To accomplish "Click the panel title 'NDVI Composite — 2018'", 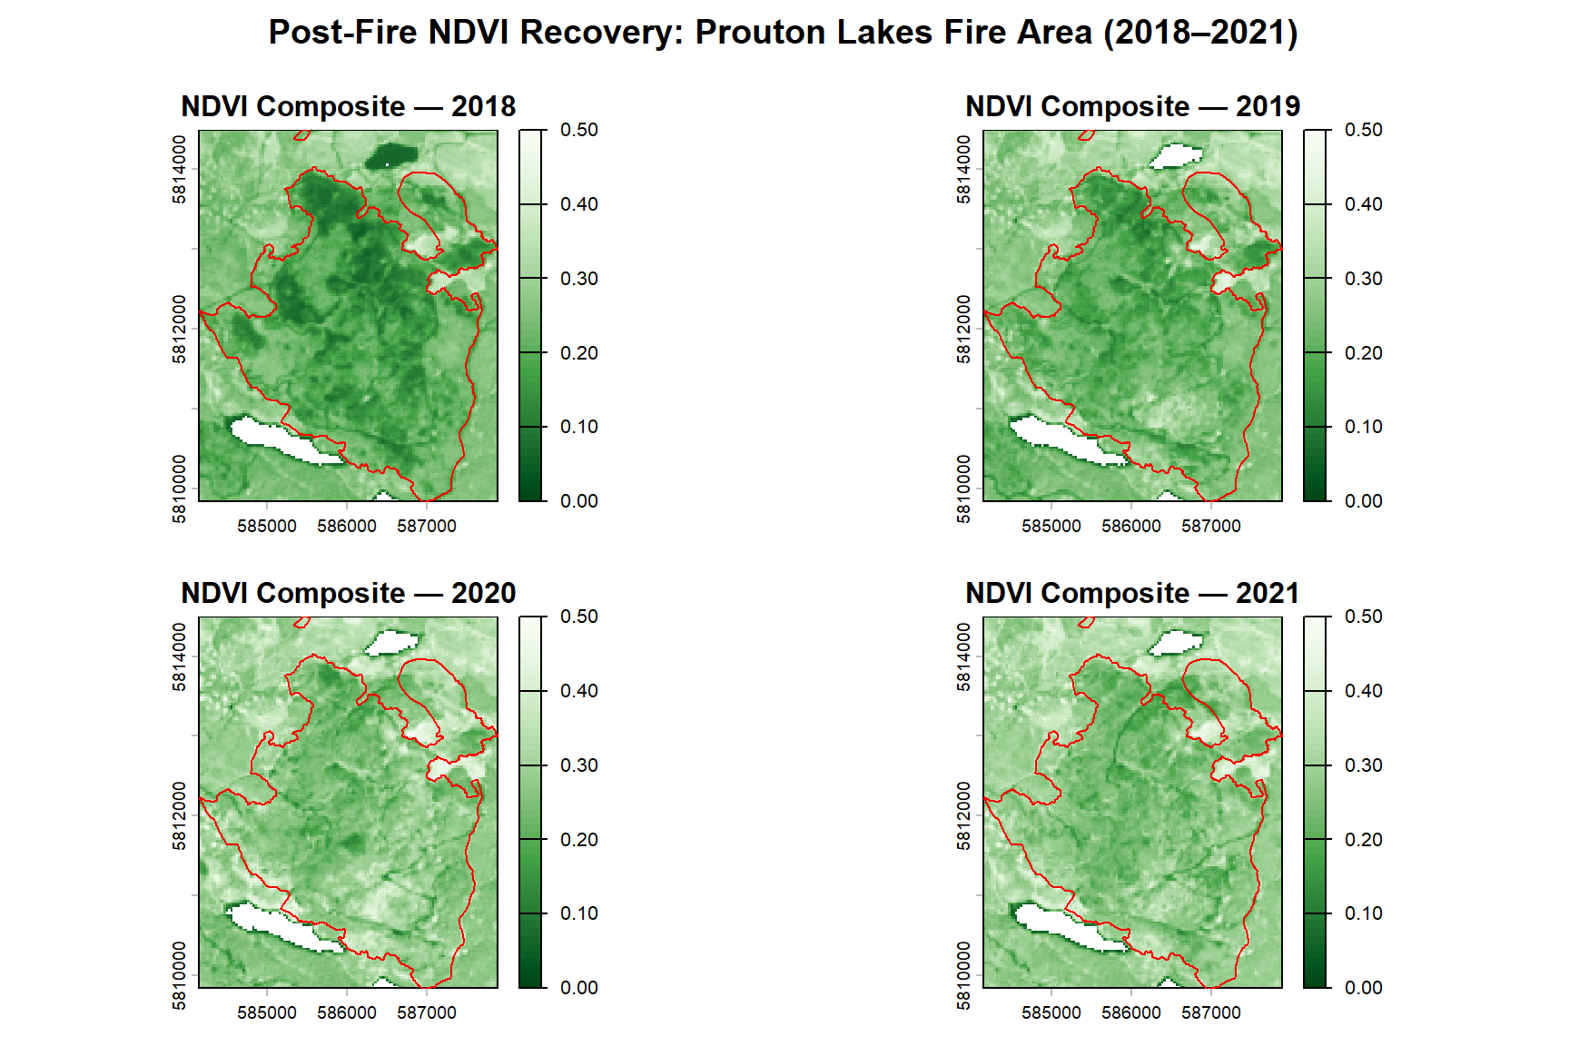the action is pos(349,106).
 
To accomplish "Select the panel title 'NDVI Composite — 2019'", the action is pos(1133,106).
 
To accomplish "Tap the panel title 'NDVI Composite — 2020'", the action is pos(349,593).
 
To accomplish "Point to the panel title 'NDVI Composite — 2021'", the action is pos(1133,593).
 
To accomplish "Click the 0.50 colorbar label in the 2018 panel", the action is pos(579,130).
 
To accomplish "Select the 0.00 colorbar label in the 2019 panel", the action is pos(1364,501).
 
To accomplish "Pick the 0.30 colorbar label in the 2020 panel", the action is pos(579,765).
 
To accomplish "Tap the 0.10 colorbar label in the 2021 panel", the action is pos(1364,913).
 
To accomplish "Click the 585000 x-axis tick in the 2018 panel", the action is pos(267,527).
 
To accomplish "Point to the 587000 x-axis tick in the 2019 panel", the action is pos(1211,527).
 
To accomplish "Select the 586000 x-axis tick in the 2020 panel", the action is pos(347,1013).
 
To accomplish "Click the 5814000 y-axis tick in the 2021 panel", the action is pos(964,656).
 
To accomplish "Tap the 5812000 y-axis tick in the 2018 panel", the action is pos(180,329).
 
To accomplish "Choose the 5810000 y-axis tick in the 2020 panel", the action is pos(180,975).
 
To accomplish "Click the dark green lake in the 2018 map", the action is pos(391,156).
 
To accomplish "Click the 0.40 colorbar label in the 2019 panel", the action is pos(1364,204).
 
